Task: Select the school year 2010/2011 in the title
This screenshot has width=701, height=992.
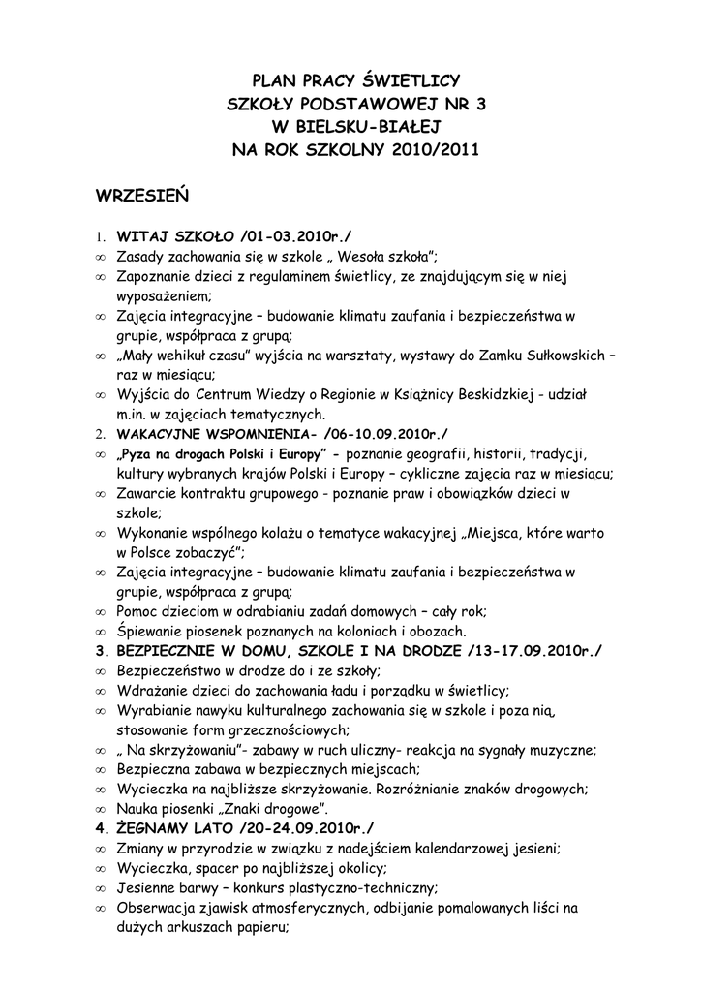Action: [x=435, y=150]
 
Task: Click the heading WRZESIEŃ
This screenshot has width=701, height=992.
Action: [x=141, y=196]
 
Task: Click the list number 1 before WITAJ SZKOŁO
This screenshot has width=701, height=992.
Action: [x=100, y=236]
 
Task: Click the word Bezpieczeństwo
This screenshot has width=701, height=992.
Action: [x=175, y=670]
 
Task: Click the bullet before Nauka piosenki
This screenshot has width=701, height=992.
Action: [x=101, y=809]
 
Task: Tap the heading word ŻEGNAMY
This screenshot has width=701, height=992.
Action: [x=155, y=827]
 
